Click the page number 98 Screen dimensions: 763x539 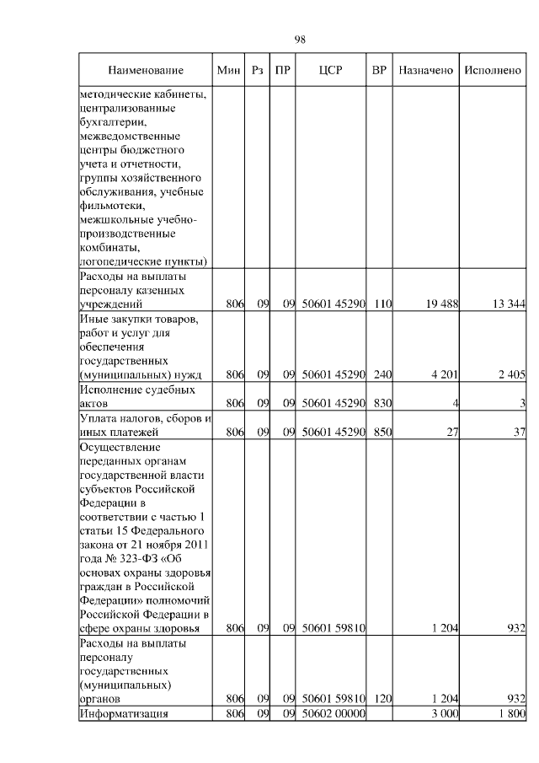pyautogui.click(x=300, y=40)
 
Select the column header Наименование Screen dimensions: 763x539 pyautogui.click(x=145, y=71)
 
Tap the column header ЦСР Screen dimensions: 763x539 pyautogui.click(x=330, y=71)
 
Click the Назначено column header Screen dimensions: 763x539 pyautogui.click(x=425, y=71)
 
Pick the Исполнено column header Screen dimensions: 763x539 pyautogui.click(x=493, y=71)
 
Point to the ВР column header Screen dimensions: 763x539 pyautogui.click(x=379, y=71)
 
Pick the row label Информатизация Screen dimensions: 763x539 pyautogui.click(x=123, y=714)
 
